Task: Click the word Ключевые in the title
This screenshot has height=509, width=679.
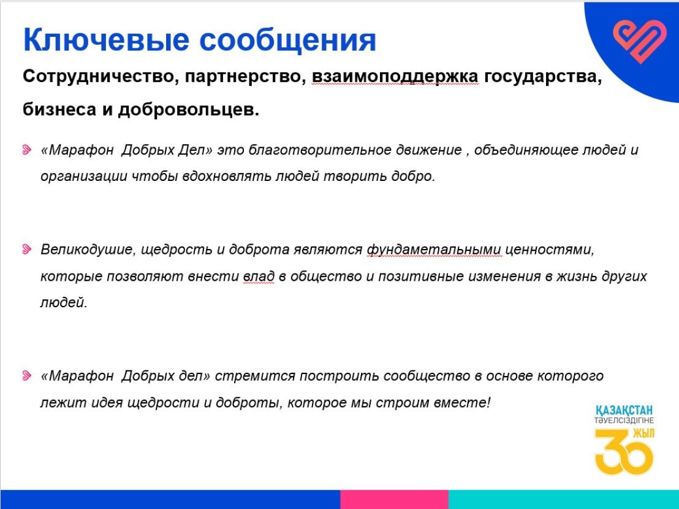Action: pos(106,40)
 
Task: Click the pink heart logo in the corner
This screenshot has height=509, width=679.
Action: pos(640,41)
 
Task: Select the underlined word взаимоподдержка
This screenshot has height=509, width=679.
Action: pos(395,77)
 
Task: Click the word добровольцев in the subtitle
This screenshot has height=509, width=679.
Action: pos(188,110)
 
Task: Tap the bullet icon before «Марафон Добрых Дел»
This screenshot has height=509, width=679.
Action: pos(27,150)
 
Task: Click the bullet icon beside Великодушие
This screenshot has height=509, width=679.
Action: pos(27,249)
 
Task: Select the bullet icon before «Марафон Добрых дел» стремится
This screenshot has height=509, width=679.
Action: pos(27,375)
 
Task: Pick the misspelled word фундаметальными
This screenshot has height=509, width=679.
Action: pos(434,250)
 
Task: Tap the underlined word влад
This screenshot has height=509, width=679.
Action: pos(259,277)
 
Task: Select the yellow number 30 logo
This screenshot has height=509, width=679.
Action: pos(624,452)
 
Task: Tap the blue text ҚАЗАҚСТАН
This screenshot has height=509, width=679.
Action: pos(624,410)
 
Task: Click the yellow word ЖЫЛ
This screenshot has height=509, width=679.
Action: pos(644,434)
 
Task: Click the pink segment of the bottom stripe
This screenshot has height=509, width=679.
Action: pos(394,499)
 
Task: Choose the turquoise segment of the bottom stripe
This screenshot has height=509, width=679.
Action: pos(563,499)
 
